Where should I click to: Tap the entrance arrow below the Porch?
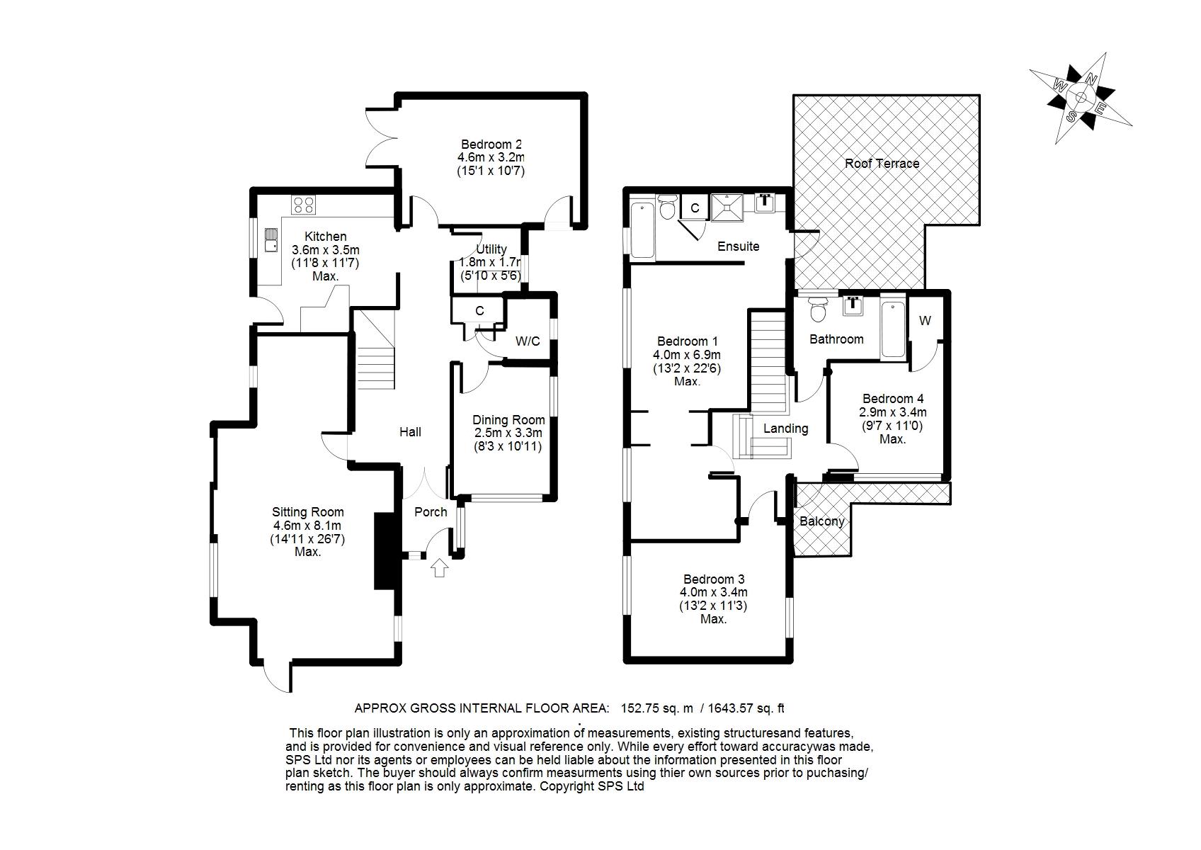coord(440,567)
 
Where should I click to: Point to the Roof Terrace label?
coord(882,164)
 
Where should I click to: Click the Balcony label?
coord(821,521)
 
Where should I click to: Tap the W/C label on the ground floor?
coord(528,341)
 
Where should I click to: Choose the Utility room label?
coord(491,249)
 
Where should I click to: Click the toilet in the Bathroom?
coord(819,310)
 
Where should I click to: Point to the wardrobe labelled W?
coord(925,321)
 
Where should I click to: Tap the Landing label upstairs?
coord(785,429)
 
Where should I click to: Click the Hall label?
coord(410,432)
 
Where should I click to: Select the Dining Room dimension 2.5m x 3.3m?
coord(508,433)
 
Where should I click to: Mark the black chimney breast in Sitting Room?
coord(383,550)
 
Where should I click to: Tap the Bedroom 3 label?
coord(714,579)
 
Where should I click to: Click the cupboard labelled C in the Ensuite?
coord(695,208)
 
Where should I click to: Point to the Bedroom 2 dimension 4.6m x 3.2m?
coord(491,157)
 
